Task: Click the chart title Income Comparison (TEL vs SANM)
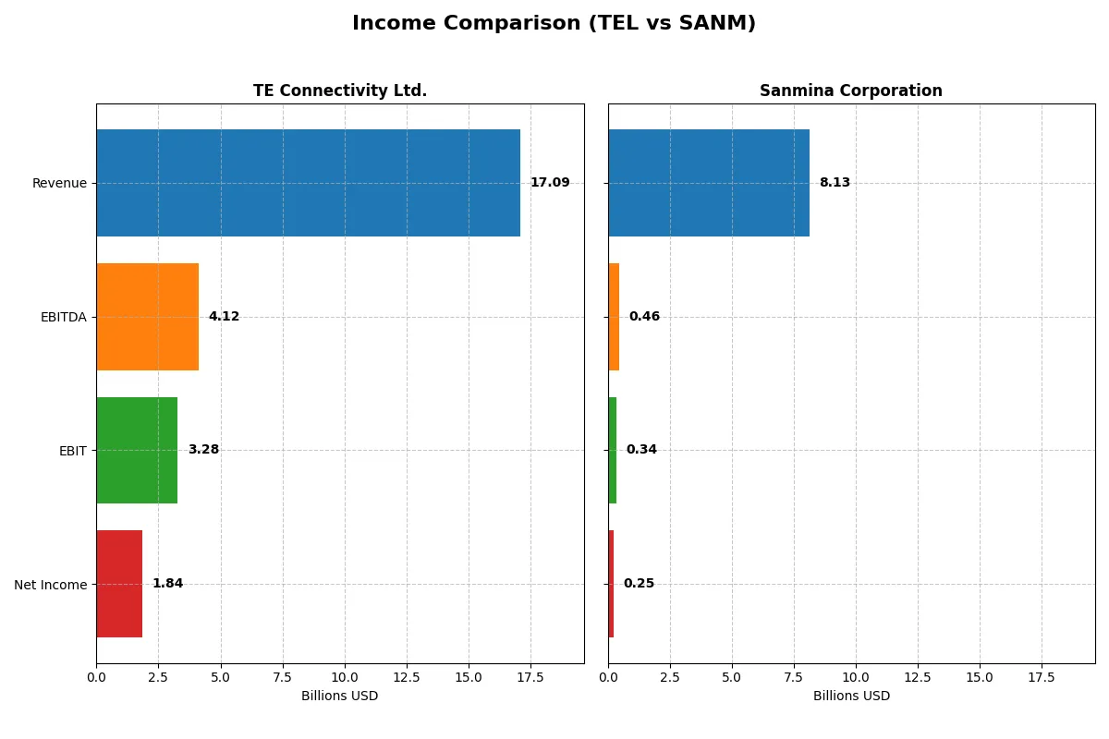(554, 23)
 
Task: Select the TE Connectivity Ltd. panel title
(340, 91)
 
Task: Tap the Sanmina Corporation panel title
(851, 91)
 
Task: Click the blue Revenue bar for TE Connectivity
(308, 183)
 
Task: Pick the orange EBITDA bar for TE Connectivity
(147, 317)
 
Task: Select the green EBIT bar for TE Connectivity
(137, 450)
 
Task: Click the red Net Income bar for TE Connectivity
(119, 584)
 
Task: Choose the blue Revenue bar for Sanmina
(709, 183)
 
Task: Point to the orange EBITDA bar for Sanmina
(614, 317)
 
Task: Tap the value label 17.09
(550, 183)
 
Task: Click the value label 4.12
(224, 317)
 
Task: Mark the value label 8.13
(835, 183)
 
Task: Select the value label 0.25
(639, 584)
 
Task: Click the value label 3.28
(203, 450)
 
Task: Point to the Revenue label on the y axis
(59, 183)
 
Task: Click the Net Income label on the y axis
(51, 585)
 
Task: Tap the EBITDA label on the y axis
(63, 317)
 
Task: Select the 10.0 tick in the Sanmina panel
(856, 677)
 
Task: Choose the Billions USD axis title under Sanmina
(851, 697)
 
